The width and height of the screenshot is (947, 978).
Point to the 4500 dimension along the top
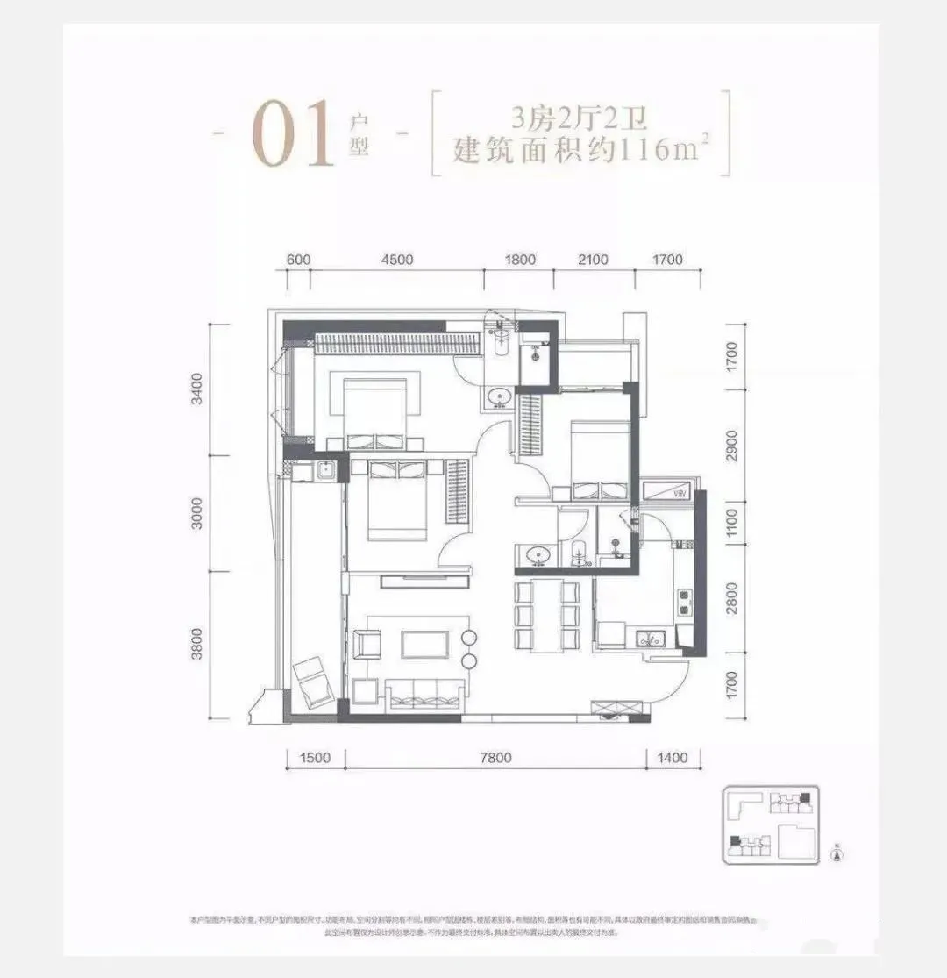tap(397, 260)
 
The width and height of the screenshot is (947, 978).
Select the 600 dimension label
tap(299, 260)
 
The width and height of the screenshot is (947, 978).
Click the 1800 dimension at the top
tap(520, 260)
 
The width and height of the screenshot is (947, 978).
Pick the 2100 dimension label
tap(594, 260)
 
